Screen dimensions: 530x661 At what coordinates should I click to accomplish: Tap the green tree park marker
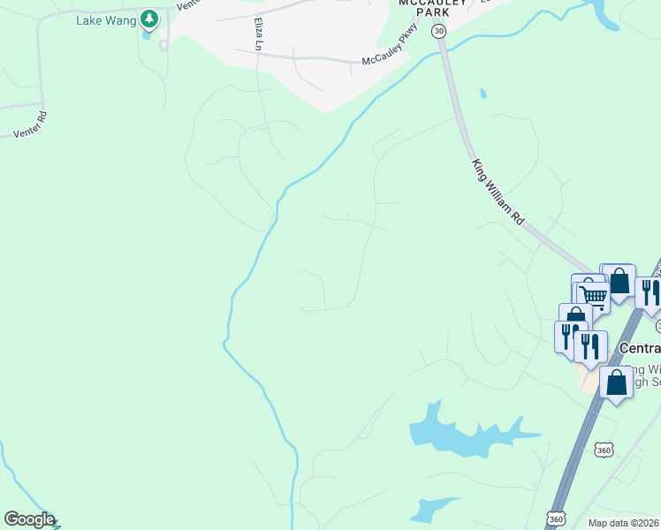(150, 18)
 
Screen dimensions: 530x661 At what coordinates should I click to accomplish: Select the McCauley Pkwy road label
(388, 57)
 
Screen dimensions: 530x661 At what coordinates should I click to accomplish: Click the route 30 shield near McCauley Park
(438, 31)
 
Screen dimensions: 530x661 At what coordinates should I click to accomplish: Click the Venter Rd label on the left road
(29, 125)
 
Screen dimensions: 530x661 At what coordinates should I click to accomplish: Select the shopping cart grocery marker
(594, 298)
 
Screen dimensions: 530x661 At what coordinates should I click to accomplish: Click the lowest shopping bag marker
(616, 383)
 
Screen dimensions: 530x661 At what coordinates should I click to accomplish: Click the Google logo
(29, 519)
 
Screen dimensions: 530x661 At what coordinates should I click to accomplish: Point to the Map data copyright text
(623, 523)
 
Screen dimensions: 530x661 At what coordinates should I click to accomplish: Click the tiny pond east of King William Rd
(482, 93)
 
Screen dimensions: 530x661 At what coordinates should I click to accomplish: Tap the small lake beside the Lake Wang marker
(147, 36)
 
